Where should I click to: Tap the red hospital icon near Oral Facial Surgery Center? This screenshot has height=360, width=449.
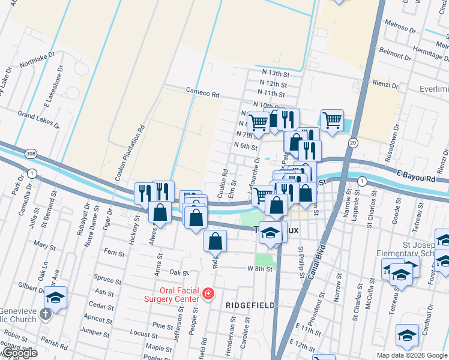point(208,294)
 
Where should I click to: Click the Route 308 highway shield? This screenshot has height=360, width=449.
point(31,154)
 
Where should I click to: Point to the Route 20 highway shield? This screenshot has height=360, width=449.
point(353,142)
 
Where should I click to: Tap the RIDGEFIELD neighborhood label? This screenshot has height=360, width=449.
point(250,305)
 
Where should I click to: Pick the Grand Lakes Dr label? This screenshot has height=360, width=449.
point(38,119)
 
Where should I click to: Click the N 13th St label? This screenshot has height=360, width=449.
point(275,71)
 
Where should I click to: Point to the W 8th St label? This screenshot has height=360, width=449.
point(260,269)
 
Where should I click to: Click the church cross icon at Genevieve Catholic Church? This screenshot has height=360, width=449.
point(46,313)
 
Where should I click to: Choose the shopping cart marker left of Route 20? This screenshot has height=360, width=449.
point(332,120)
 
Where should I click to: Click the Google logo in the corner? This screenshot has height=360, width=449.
point(20,353)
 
